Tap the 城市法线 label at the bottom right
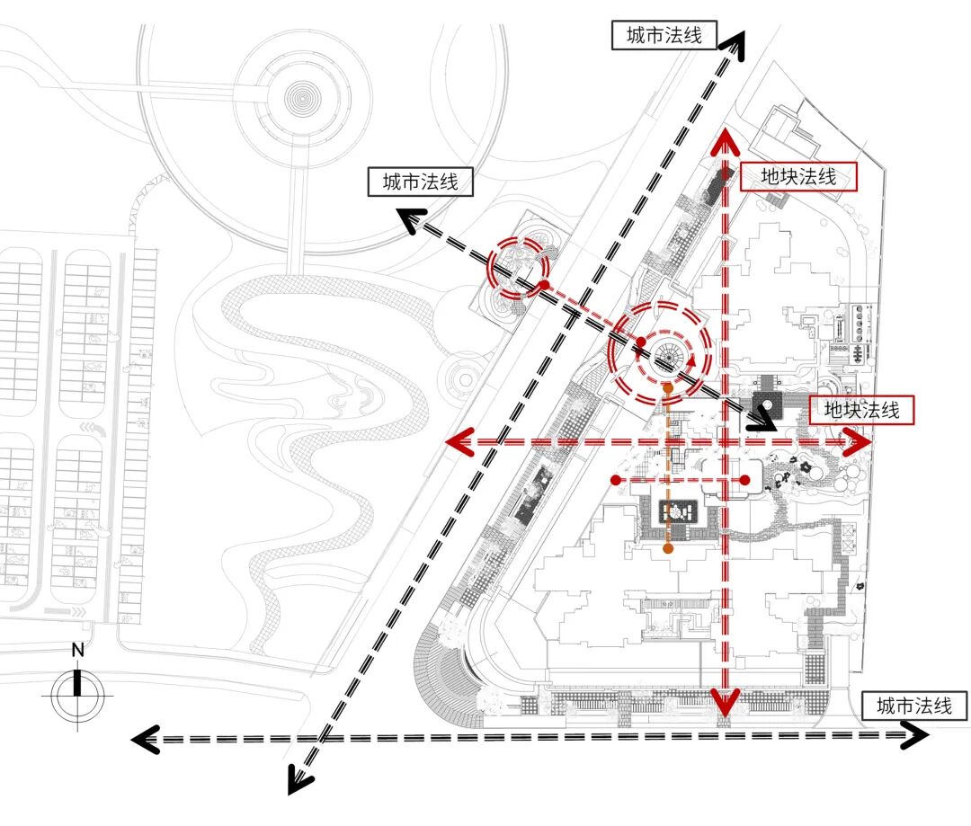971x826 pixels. click(x=914, y=706)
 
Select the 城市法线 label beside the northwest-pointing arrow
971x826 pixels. click(x=421, y=182)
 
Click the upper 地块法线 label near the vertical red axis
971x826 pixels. click(x=798, y=177)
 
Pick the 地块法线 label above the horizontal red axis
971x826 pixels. click(x=861, y=411)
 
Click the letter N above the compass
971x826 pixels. click(x=78, y=650)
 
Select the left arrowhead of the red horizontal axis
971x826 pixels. click(x=459, y=441)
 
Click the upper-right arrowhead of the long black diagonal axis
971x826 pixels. click(x=735, y=45)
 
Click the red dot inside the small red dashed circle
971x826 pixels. click(x=544, y=286)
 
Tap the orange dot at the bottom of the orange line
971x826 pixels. click(x=668, y=547)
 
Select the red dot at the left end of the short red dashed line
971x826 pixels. click(x=615, y=481)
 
